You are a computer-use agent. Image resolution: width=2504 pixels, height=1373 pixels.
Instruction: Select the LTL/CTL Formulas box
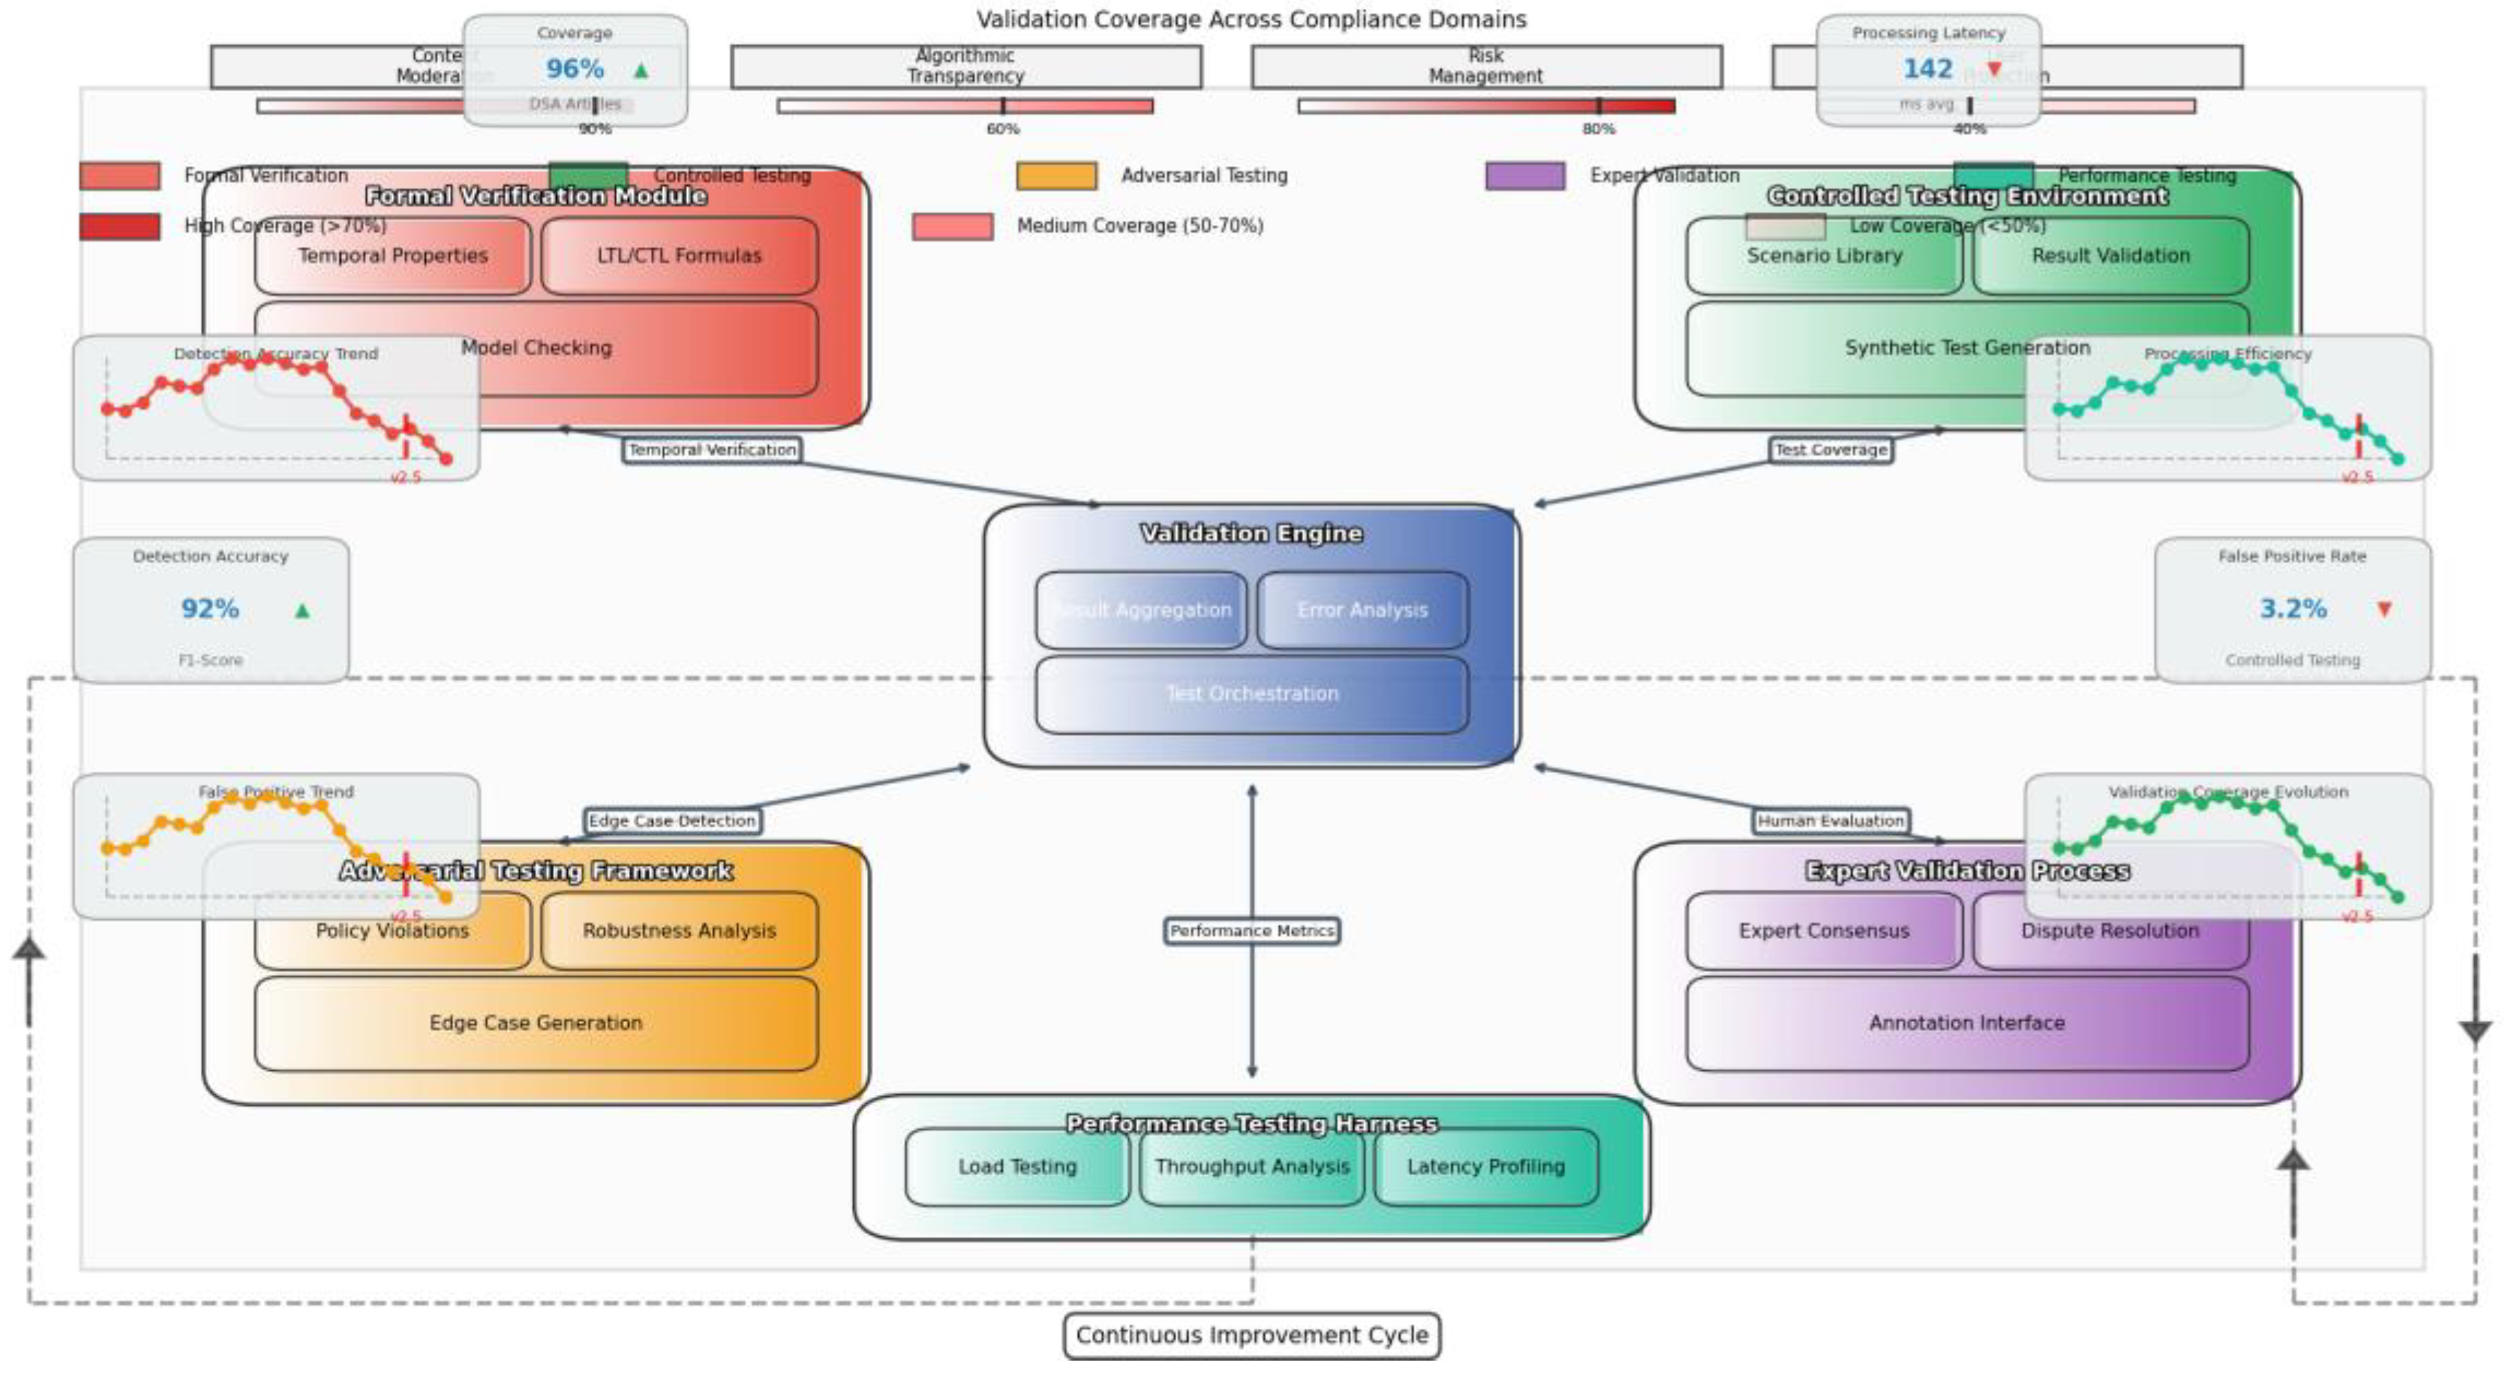(x=679, y=256)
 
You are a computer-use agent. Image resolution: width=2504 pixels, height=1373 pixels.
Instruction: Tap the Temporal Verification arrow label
(x=713, y=450)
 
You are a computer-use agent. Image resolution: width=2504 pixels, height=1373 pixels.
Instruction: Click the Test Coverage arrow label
(x=1831, y=450)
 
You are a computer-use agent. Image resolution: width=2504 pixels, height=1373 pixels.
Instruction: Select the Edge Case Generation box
(x=536, y=1023)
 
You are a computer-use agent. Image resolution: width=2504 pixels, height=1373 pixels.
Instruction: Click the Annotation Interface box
(x=1967, y=1023)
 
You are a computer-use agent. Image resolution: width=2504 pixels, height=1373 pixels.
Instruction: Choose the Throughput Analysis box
(x=1252, y=1167)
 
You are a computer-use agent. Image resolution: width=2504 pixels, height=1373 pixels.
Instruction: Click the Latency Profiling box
(x=1485, y=1167)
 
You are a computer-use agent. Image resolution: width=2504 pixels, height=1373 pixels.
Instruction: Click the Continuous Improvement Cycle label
(x=1252, y=1336)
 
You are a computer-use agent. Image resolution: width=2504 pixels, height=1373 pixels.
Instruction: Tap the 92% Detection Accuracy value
(x=210, y=609)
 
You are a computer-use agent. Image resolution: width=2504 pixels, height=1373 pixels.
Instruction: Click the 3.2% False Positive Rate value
(x=2292, y=609)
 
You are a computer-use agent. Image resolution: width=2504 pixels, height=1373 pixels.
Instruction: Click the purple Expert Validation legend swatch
(x=1524, y=176)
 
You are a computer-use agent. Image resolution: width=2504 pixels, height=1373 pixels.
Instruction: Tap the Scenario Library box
(x=1823, y=256)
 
